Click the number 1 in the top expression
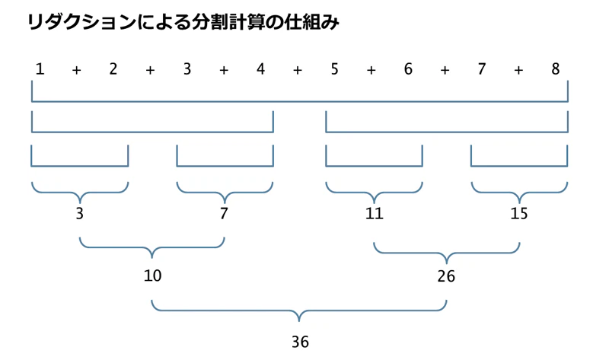click(40, 69)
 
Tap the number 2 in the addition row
click(113, 69)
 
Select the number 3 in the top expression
click(187, 69)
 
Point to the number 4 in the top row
click(260, 69)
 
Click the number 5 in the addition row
click(334, 69)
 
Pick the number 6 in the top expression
click(408, 69)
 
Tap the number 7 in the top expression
click(482, 69)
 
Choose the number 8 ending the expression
click(556, 69)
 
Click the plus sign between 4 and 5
click(298, 70)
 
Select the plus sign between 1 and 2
click(77, 70)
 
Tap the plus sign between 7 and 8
click(518, 70)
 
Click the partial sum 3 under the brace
click(80, 213)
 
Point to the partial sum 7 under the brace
click(224, 213)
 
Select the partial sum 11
click(375, 213)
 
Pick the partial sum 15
click(519, 213)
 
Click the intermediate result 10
click(153, 276)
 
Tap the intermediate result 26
click(446, 276)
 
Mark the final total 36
click(300, 342)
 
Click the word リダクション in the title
click(81, 22)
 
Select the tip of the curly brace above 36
click(299, 321)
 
